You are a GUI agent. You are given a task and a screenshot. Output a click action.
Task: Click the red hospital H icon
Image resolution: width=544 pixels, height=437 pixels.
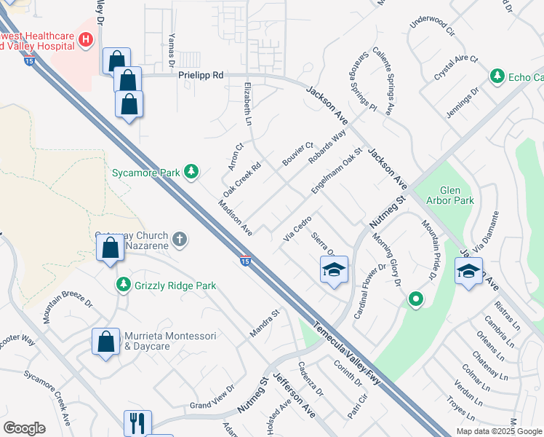(86, 39)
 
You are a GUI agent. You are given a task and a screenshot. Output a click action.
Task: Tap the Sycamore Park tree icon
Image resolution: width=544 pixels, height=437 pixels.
(191, 172)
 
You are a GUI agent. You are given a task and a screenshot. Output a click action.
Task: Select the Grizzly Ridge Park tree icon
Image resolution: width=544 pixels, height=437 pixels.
(124, 284)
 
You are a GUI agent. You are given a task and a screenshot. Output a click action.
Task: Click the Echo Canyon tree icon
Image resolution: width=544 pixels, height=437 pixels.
(497, 76)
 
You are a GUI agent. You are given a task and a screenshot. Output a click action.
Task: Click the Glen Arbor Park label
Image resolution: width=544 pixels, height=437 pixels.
(452, 195)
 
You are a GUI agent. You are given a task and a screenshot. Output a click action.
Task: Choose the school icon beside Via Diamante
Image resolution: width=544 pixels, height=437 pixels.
(468, 272)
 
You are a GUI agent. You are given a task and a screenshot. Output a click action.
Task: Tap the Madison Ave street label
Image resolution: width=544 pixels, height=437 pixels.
(233, 218)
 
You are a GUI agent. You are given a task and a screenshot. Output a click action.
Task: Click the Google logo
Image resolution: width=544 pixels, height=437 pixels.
(24, 428)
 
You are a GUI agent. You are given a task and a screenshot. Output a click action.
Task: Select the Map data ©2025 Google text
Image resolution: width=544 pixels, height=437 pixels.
(498, 430)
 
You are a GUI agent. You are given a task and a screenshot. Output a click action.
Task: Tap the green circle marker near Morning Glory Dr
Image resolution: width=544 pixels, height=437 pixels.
(415, 297)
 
